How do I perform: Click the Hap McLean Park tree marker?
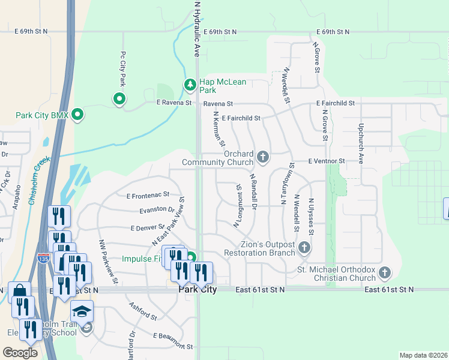[190, 85]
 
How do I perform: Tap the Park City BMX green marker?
[77, 113]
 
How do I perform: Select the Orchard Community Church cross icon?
[262, 157]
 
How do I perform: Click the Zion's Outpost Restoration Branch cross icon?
[304, 247]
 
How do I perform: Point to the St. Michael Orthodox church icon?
[384, 273]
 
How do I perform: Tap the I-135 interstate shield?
[43, 259]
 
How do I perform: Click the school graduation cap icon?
[82, 311]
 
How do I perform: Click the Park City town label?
[197, 289]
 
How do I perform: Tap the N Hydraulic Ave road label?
[196, 29]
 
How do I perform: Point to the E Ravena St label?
[173, 103]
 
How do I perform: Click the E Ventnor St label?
[327, 161]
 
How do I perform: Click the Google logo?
[20, 352]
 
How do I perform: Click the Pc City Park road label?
[122, 68]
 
